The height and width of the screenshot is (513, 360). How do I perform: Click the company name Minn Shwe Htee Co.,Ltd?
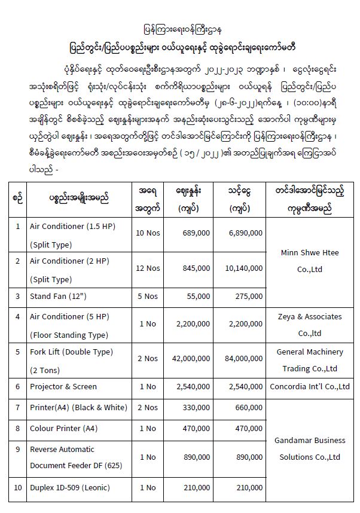309,261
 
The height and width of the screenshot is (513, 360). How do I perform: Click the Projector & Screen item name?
63,386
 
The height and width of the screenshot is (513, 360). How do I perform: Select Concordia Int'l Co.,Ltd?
309,386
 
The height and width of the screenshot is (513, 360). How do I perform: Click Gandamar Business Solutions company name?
309,448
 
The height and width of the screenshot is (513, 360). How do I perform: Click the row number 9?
18,448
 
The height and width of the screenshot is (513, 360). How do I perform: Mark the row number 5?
18,352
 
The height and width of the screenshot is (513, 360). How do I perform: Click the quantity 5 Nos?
148,296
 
